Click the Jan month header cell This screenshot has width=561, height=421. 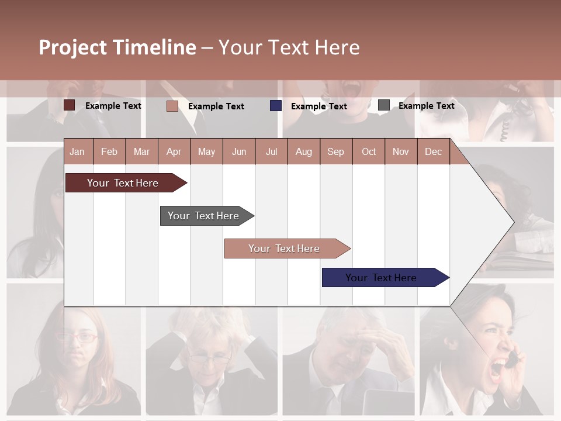point(77,151)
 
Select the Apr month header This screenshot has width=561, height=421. point(174,151)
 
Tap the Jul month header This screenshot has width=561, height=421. point(271,151)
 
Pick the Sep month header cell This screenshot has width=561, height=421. point(335,151)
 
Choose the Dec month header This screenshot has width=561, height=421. point(433,151)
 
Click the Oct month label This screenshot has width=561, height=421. point(368,151)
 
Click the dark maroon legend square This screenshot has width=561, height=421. point(70,105)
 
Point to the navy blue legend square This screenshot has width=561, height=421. point(276,106)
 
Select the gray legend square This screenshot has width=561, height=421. point(384,105)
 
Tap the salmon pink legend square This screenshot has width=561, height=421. point(172,106)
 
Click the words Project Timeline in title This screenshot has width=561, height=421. point(117,47)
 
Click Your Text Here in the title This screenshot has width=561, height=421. point(289,47)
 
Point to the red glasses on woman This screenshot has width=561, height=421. point(78,337)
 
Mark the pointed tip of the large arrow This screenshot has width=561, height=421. point(513,222)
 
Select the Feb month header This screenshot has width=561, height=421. point(109,151)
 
